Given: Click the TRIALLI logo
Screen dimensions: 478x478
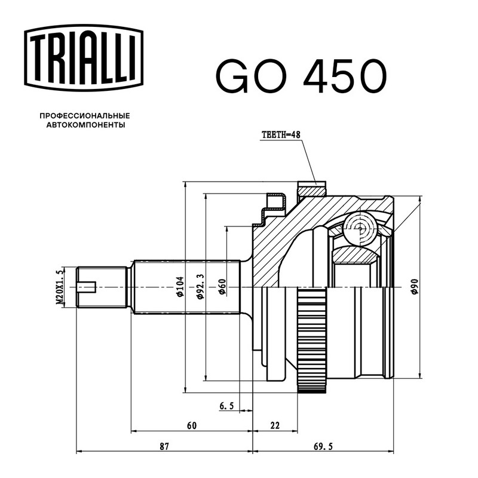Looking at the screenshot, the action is [x=84, y=57].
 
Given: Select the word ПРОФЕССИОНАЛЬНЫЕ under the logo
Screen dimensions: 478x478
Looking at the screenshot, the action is [x=85, y=116].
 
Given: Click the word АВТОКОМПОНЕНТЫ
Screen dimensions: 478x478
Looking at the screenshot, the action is [x=85, y=125].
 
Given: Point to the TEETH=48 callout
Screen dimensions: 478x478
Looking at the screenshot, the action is [x=281, y=134].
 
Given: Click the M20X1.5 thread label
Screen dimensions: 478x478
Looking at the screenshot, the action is [x=60, y=287].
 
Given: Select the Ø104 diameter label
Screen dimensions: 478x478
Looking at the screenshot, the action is [x=180, y=286].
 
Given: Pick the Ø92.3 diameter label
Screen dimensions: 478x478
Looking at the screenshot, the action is [x=200, y=286].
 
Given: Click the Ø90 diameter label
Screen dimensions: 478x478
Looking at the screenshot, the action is [x=415, y=286].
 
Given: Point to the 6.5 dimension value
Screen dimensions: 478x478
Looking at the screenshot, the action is [x=226, y=406].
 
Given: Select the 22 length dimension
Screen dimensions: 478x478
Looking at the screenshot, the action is [x=275, y=425].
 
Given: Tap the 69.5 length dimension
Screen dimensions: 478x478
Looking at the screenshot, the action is [x=323, y=446].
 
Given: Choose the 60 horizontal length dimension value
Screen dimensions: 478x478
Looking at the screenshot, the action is [x=192, y=425].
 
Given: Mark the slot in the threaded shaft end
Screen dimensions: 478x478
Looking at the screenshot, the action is [x=87, y=287].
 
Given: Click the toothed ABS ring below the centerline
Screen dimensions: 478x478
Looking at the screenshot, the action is [x=311, y=340].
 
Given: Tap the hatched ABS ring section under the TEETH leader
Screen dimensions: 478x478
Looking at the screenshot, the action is [x=311, y=191].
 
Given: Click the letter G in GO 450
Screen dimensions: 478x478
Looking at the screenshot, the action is [x=232, y=76].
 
